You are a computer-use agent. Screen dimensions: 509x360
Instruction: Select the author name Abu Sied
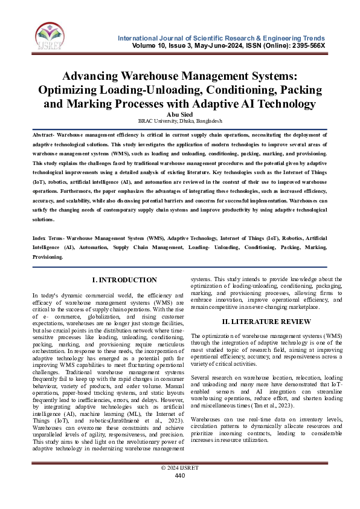pos(179,113)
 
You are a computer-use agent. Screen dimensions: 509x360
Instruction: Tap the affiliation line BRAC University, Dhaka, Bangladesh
pos(179,121)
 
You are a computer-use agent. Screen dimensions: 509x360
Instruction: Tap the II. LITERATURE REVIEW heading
pos(258,321)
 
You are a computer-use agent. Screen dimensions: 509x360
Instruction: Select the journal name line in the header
pos(222,38)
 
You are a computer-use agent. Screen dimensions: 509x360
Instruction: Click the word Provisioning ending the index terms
pos(47,257)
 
